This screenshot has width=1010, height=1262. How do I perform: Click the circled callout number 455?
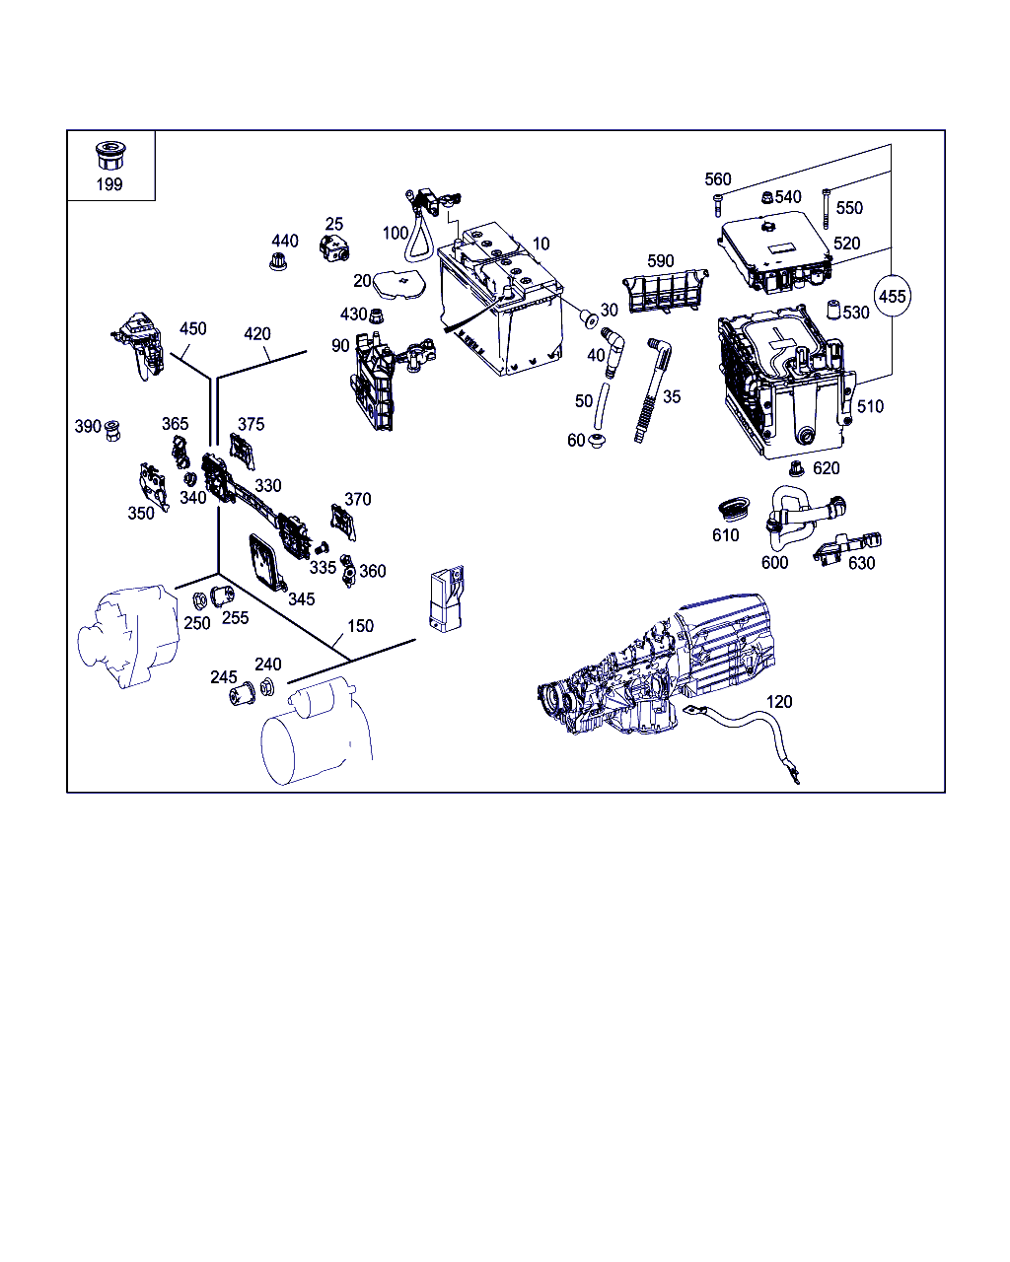point(892,296)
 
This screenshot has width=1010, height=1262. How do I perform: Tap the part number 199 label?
point(109,184)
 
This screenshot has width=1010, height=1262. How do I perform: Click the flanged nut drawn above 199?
point(109,155)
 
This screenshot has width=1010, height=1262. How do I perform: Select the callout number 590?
point(660,261)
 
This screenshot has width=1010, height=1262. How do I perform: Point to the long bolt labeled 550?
point(827,209)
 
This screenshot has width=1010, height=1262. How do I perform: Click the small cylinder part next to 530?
point(833,310)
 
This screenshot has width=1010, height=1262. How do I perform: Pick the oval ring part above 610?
point(734,509)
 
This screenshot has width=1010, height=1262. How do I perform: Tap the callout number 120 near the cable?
point(779,701)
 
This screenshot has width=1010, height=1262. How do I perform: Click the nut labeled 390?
point(112,431)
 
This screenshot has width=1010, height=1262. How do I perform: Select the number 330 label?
point(267,485)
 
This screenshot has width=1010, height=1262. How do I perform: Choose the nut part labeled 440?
point(279,261)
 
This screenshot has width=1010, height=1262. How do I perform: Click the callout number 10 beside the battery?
point(541,244)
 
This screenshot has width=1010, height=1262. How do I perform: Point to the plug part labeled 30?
point(589,319)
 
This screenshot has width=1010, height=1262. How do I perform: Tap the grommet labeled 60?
point(597,441)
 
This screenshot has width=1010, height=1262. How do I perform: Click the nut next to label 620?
point(796,468)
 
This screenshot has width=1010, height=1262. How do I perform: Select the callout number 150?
point(360,626)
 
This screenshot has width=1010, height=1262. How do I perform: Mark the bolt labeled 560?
point(717,205)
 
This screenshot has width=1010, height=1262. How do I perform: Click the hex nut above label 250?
point(199,601)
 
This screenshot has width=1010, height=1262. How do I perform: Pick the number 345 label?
point(301,598)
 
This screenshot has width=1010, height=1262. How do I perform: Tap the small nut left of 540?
point(766,197)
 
